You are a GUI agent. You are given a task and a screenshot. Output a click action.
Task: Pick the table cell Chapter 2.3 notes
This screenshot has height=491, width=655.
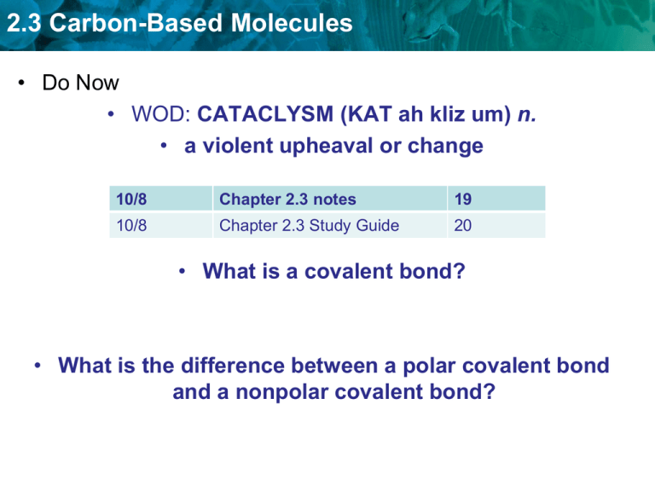coord(287,199)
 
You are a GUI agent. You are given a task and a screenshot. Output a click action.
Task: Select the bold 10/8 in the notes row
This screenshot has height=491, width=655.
coord(124,199)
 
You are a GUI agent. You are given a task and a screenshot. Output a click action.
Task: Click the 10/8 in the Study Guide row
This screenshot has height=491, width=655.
coord(124,225)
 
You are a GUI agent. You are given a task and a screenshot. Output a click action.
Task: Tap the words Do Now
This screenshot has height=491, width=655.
coord(80,83)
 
